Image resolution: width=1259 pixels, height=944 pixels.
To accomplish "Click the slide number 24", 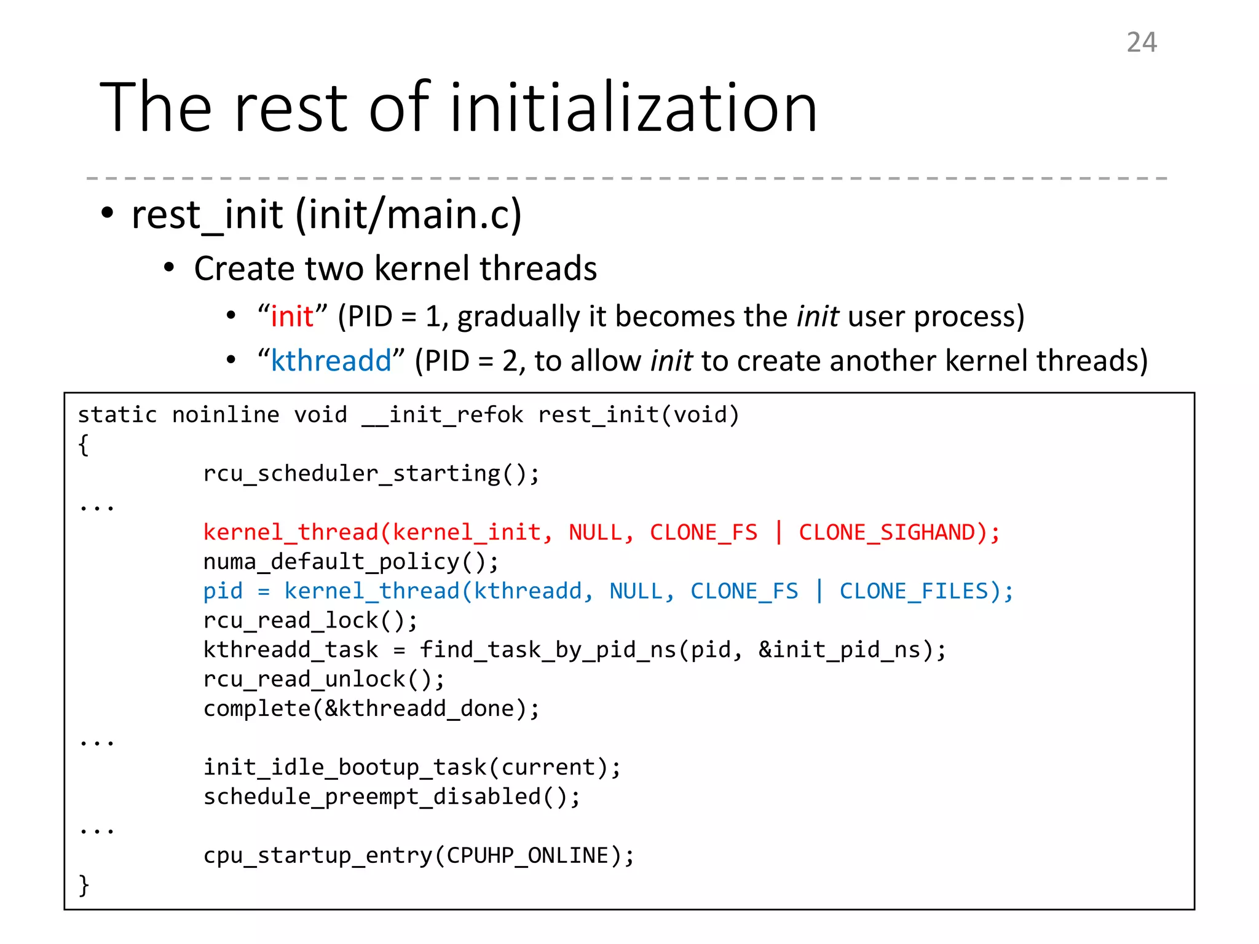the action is point(1141,42).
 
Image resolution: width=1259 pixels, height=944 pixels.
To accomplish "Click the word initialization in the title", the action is point(633,108).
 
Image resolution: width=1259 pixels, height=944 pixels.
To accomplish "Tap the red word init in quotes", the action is point(292,317).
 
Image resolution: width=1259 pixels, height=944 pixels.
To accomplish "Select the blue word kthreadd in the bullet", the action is point(331,361).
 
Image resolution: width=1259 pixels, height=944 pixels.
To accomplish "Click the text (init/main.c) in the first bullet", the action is point(408,215).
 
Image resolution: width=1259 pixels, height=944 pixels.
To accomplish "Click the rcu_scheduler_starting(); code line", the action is point(371,473).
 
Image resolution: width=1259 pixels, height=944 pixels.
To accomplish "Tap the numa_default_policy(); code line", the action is point(351,562).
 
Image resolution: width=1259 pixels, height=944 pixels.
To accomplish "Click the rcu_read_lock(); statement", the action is point(310,621).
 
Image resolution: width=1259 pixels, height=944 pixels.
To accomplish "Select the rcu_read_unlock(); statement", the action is point(324,679).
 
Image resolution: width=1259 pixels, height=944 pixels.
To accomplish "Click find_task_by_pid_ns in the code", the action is point(547,650).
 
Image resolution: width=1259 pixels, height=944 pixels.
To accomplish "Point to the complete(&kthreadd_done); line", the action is point(371,709).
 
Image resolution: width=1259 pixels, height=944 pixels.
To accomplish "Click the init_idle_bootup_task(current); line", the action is point(412,768).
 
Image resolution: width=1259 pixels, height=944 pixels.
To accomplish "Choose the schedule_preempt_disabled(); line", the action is point(392,797).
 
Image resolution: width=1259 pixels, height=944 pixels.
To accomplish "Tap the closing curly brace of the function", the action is point(84,885).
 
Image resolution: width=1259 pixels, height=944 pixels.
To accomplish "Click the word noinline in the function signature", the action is point(225,415).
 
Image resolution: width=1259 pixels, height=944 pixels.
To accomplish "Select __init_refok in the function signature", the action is point(443,415).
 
